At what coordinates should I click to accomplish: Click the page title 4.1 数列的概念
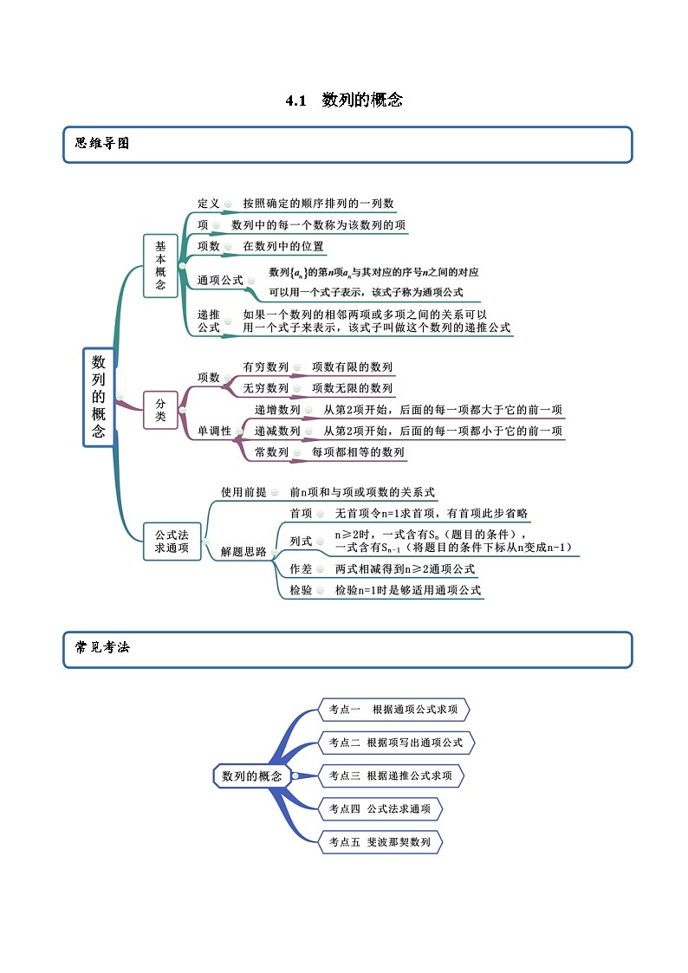tap(344, 101)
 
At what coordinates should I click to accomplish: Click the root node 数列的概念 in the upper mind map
tap(99, 397)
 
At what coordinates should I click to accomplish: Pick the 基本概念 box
tap(160, 266)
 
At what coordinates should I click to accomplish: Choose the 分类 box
tap(160, 409)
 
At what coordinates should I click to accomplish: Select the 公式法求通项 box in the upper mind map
tap(172, 542)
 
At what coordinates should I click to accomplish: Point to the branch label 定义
tap(209, 204)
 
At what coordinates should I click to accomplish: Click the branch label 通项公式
tap(220, 281)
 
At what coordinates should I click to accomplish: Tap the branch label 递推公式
tap(209, 321)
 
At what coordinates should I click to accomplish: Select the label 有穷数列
tap(266, 367)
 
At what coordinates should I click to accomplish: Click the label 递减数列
tap(277, 431)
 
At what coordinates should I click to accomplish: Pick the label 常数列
tap(271, 452)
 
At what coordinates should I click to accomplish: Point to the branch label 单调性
tap(215, 431)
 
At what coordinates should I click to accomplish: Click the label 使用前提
tap(243, 492)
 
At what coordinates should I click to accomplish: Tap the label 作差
tap(301, 569)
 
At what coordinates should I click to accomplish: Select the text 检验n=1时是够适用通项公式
tap(407, 591)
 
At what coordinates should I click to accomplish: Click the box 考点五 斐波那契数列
tap(380, 841)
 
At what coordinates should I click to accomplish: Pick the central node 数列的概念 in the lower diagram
tap(251, 776)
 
